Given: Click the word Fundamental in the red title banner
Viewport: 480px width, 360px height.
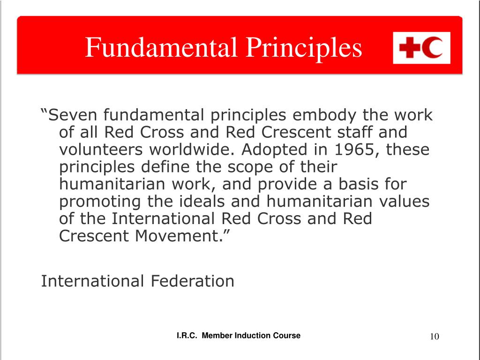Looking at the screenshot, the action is pyautogui.click(x=161, y=47).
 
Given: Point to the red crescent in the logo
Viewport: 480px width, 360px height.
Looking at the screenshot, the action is pyautogui.click(x=432, y=48).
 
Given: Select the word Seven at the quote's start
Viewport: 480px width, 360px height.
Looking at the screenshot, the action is pyautogui.click(x=73, y=115).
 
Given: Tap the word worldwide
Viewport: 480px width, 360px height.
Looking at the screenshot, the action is pyautogui.click(x=192, y=150).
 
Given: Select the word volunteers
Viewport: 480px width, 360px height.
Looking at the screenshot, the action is pyautogui.click(x=101, y=150).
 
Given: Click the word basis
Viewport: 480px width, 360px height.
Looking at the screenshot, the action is pyautogui.click(x=358, y=184).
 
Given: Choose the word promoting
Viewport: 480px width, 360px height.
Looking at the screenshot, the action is pyautogui.click(x=100, y=202).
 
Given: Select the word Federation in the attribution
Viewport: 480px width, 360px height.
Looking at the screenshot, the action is pyautogui.click(x=193, y=281).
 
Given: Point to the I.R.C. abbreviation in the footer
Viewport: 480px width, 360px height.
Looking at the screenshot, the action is pyautogui.click(x=187, y=336).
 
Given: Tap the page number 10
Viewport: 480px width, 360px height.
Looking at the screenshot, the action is pyautogui.click(x=435, y=337).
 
